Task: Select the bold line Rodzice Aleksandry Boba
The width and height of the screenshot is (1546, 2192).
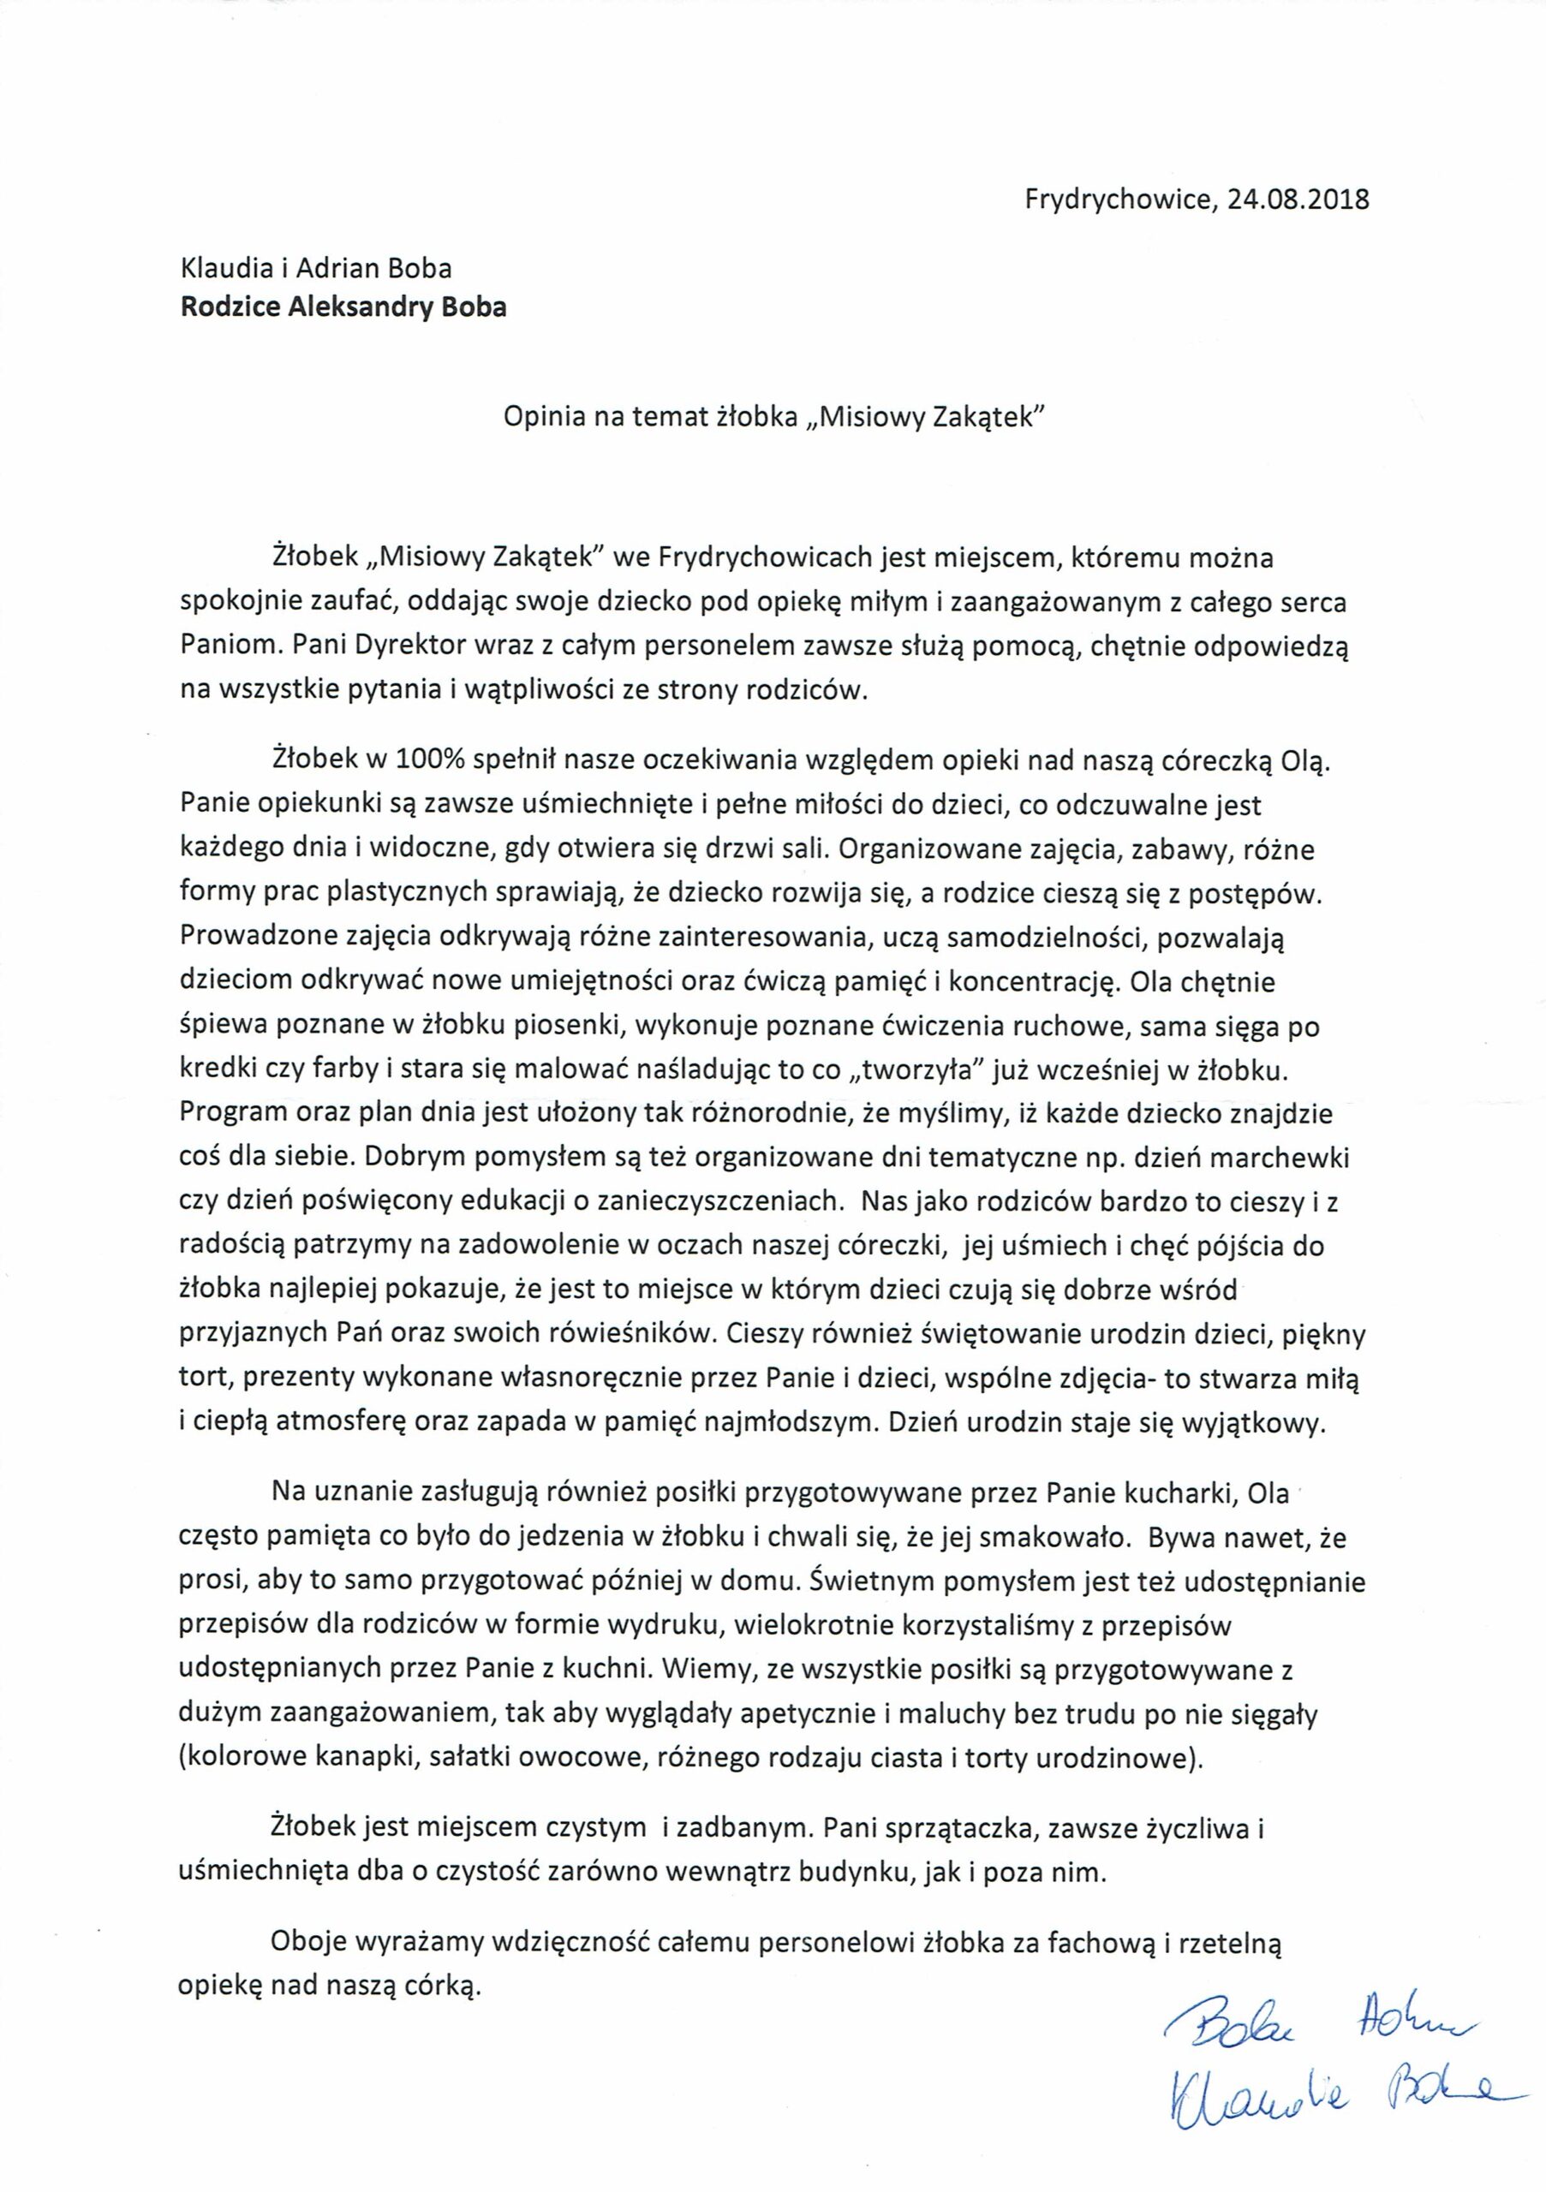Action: point(343,307)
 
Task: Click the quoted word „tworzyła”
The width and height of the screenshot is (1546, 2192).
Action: point(916,1070)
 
